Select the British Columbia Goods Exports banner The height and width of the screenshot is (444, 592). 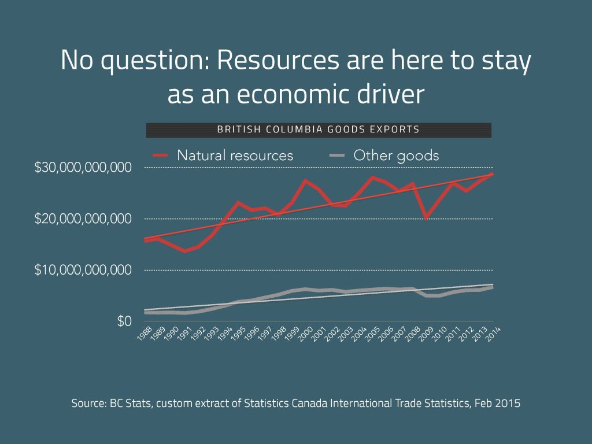[318, 129]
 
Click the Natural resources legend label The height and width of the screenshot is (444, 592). [235, 156]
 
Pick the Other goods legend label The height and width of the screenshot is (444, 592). [396, 156]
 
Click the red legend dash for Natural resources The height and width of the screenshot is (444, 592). [160, 156]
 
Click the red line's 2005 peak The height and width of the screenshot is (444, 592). [373, 177]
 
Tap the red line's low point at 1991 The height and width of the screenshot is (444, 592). [185, 251]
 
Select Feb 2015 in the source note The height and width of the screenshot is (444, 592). [499, 403]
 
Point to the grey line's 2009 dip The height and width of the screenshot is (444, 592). [426, 295]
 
